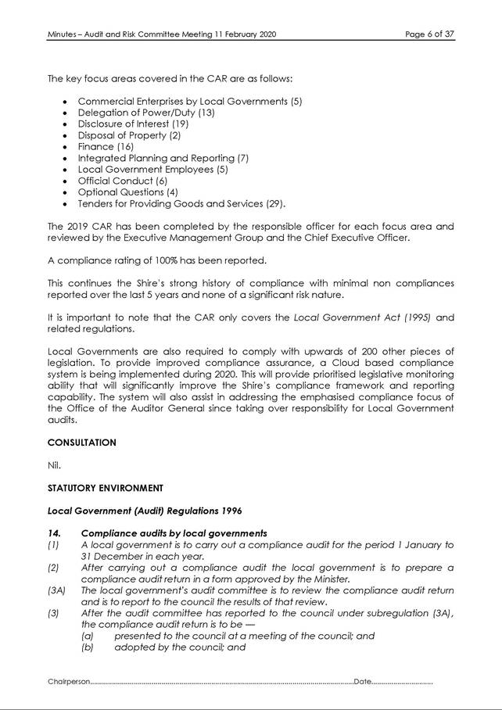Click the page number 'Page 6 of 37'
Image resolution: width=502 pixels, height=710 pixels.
click(x=428, y=34)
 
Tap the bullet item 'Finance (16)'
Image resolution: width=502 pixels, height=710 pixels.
click(x=106, y=146)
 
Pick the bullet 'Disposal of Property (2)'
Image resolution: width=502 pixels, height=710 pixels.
click(x=129, y=135)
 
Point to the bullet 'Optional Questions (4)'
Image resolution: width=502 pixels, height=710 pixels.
click(x=128, y=192)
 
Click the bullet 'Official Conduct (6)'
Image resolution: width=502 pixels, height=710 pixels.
click(x=123, y=181)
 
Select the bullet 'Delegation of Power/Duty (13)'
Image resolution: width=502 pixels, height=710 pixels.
click(x=145, y=113)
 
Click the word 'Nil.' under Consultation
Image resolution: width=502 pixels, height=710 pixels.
click(x=54, y=465)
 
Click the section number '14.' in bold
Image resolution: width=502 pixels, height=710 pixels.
click(x=54, y=533)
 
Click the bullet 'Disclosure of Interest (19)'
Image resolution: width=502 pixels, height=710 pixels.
click(x=133, y=124)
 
